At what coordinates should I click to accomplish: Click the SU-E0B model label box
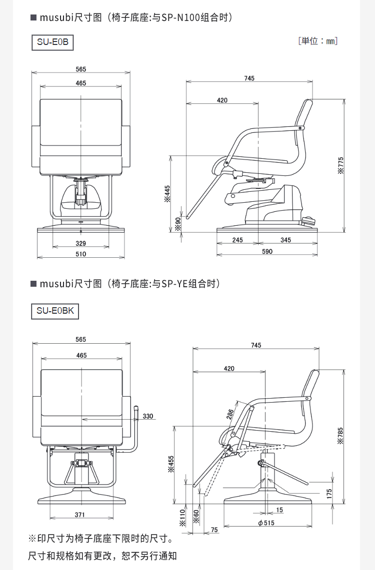tap(52, 42)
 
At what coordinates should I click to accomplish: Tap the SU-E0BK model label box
tap(55, 311)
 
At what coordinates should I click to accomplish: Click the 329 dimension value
tap(81, 243)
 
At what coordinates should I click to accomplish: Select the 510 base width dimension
tap(81, 254)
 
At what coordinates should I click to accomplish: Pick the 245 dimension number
tap(237, 240)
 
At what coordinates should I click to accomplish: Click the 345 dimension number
tap(285, 240)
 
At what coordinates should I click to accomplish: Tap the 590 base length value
tap(267, 251)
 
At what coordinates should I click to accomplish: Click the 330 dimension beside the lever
tap(148, 416)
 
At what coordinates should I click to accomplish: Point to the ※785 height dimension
tap(340, 436)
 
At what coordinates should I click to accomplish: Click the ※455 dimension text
tap(171, 464)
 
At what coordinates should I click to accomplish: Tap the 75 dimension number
tap(214, 530)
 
